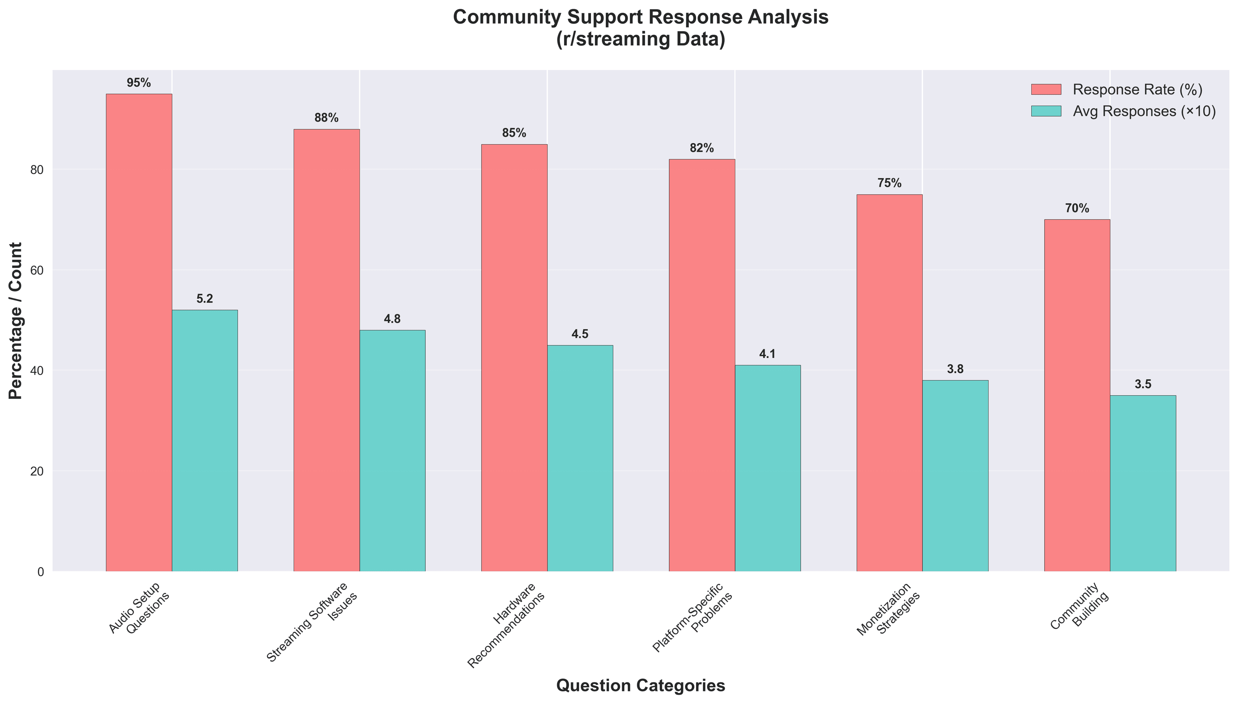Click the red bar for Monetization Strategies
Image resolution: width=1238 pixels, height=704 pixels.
(889, 382)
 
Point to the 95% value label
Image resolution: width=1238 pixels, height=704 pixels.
(139, 83)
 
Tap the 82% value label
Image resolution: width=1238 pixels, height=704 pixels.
(702, 149)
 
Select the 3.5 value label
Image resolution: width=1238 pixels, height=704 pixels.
(1143, 384)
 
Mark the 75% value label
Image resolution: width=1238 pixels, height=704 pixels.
(889, 183)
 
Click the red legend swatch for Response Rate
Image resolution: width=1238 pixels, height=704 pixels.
(1046, 90)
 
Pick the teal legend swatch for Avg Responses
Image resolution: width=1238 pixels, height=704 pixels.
(1046, 111)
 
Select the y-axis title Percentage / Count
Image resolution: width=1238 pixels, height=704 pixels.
(16, 321)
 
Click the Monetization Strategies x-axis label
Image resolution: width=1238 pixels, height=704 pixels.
(888, 609)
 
